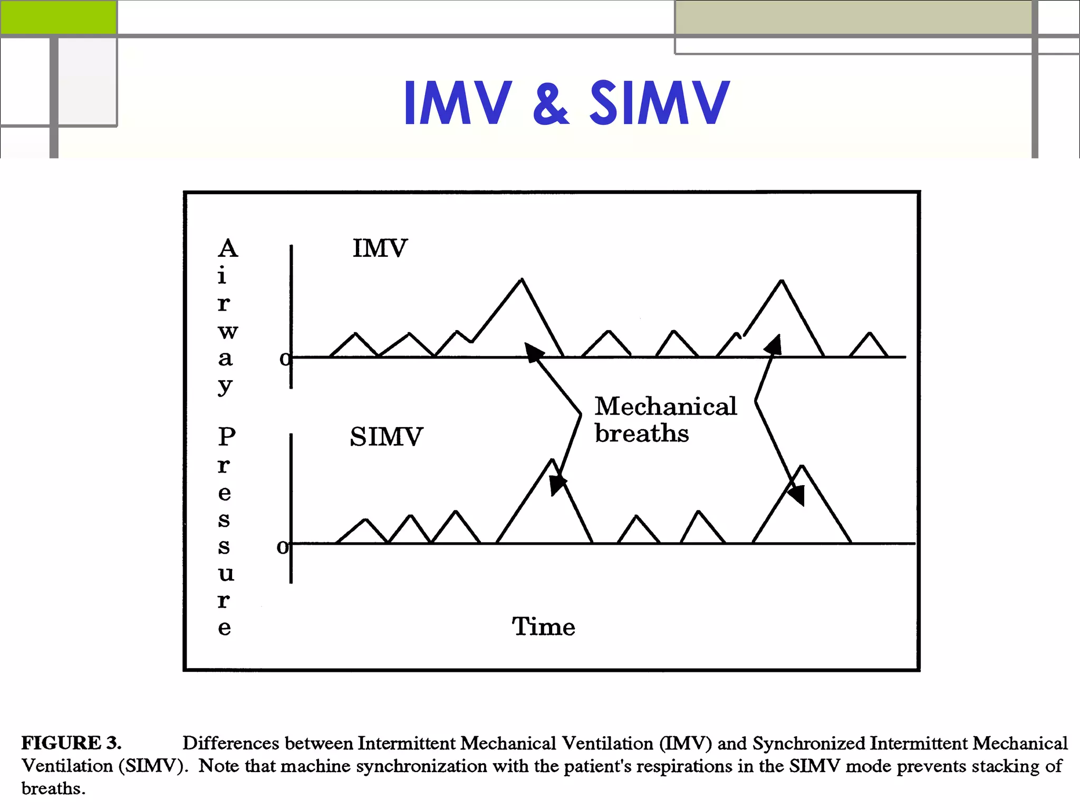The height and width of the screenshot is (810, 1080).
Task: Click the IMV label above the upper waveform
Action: [x=380, y=248]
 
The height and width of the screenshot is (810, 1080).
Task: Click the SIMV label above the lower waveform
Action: [x=386, y=437]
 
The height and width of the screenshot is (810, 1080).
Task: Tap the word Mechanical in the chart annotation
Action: [x=666, y=407]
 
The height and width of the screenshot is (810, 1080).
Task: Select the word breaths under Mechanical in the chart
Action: [x=642, y=433]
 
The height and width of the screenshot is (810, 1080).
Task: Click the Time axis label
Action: [x=543, y=626]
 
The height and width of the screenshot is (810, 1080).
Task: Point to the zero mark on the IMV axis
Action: [x=285, y=359]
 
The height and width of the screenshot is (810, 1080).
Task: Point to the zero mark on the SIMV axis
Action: [x=283, y=547]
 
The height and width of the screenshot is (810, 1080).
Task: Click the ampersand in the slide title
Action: [x=551, y=103]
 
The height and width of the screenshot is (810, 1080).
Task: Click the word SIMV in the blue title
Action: [x=659, y=103]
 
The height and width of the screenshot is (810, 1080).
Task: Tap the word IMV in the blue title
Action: [x=458, y=103]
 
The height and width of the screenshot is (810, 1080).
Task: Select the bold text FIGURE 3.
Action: [x=71, y=743]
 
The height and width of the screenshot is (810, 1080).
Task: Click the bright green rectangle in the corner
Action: [x=58, y=17]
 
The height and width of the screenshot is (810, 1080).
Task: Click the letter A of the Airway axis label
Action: [x=228, y=248]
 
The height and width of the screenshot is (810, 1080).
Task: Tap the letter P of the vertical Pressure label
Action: [x=227, y=437]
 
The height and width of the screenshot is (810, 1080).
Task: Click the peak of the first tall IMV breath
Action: [x=522, y=279]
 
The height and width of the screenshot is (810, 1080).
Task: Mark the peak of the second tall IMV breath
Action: [x=782, y=281]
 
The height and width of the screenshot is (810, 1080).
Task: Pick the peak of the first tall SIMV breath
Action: [x=552, y=460]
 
